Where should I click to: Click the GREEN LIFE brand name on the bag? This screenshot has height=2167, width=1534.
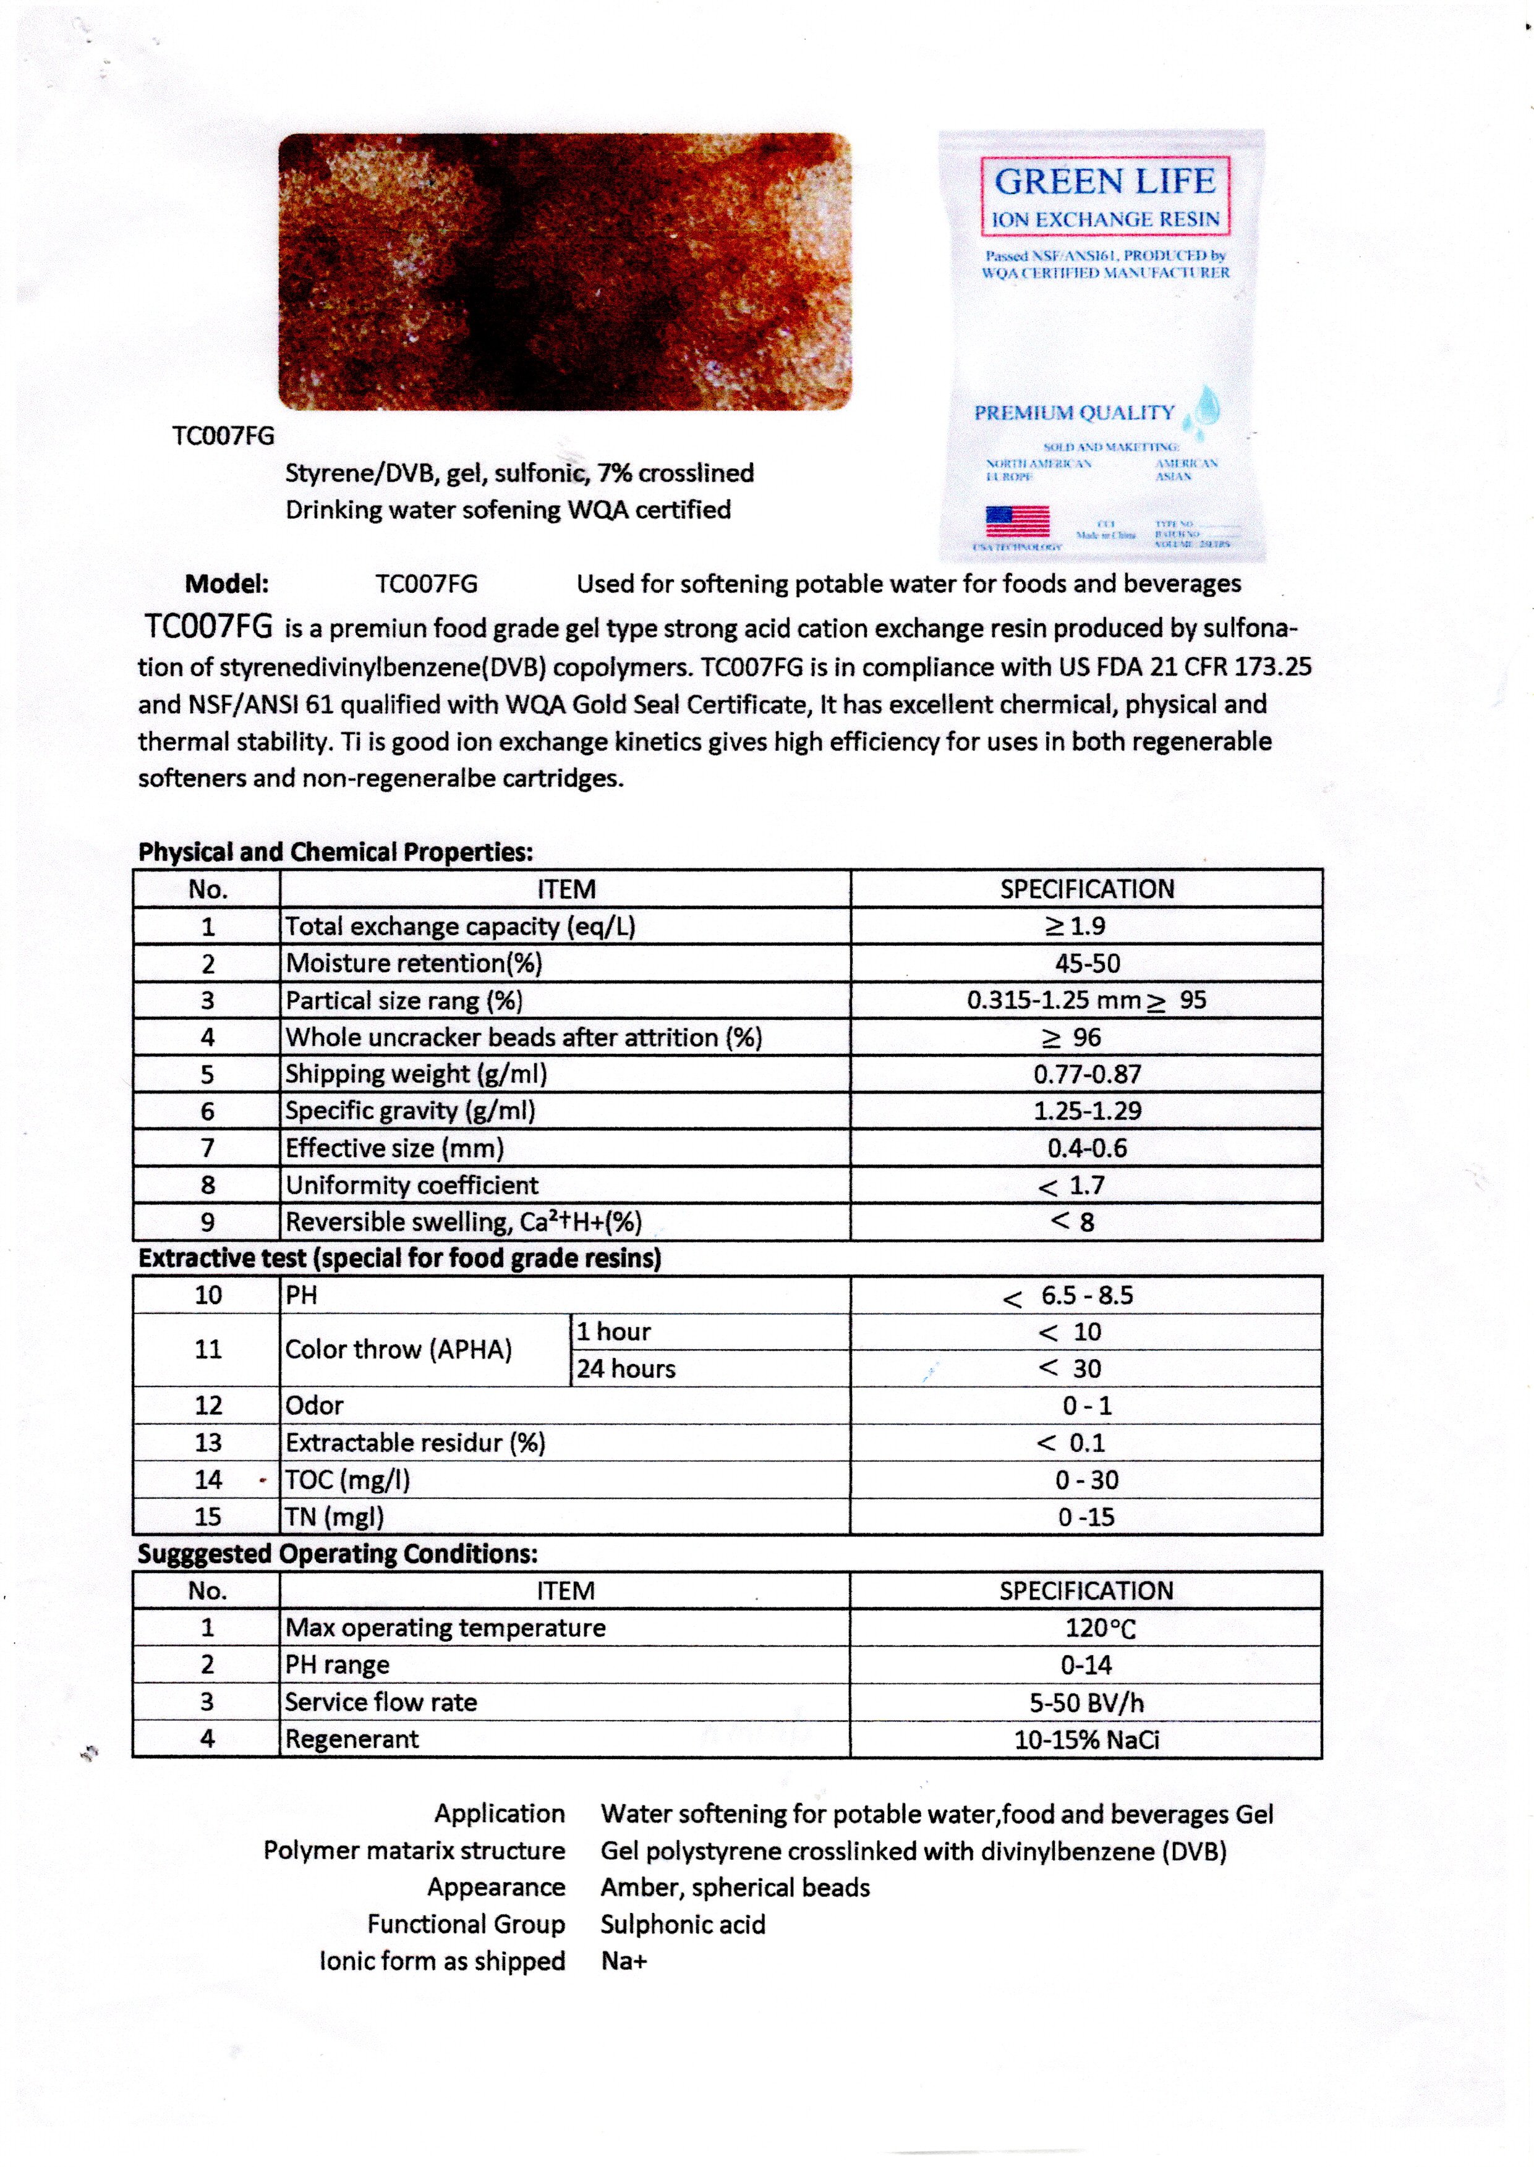pos(1104,180)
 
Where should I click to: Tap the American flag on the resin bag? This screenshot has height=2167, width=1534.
pos(1017,521)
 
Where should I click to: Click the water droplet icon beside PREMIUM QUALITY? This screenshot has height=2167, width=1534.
pos(1206,409)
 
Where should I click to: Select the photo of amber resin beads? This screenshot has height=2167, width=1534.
pos(565,272)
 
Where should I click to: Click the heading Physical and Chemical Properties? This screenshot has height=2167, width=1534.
pos(335,852)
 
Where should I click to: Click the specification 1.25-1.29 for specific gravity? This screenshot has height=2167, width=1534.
pos(1087,1111)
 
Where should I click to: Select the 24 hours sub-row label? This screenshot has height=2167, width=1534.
pos(626,1368)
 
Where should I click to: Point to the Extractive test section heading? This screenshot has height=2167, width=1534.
pos(399,1258)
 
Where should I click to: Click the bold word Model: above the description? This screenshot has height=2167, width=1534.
pos(227,583)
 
